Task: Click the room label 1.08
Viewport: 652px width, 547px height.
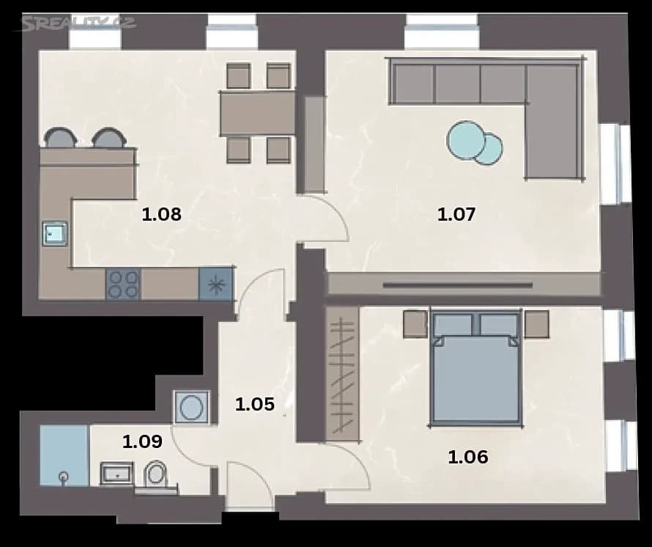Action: point(161,215)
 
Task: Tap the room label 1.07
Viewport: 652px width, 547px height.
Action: point(456,215)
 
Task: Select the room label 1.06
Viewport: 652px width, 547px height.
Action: point(467,458)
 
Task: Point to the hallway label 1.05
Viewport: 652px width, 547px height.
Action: point(254,404)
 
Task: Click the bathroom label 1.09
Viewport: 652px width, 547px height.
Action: point(142,441)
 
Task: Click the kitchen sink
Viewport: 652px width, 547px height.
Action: point(54,234)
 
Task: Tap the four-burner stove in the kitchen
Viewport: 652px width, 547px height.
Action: point(122,284)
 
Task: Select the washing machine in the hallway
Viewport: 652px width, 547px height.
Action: point(192,407)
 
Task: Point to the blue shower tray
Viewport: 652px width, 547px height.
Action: point(64,455)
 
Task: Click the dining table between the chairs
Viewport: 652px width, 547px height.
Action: point(257,112)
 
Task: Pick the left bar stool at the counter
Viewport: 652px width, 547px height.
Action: point(60,138)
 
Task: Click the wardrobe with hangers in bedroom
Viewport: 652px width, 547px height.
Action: point(342,374)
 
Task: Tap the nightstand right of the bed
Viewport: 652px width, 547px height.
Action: point(536,323)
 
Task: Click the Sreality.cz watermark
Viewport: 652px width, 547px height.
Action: point(78,23)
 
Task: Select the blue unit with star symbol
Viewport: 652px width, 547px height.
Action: point(216,284)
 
